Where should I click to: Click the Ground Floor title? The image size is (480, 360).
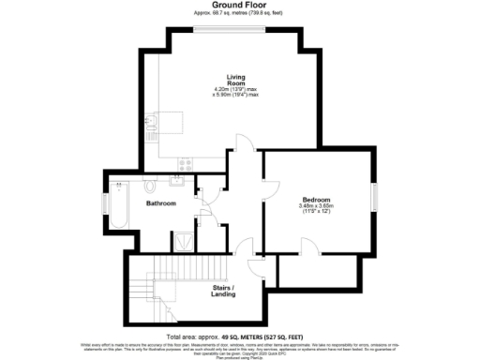(241, 5)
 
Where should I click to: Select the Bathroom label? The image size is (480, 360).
(160, 202)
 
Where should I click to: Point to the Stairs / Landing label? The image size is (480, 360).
(223, 291)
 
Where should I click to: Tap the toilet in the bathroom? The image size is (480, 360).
(150, 182)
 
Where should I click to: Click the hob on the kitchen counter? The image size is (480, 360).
(185, 162)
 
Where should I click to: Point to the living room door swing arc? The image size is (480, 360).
(242, 142)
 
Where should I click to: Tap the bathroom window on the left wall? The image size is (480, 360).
(104, 203)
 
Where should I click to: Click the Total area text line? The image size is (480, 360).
(241, 336)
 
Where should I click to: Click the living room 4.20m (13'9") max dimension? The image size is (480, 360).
(236, 90)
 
